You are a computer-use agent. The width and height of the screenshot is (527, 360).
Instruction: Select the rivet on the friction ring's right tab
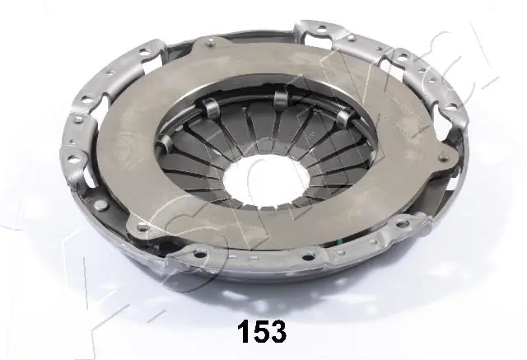pos(448,158)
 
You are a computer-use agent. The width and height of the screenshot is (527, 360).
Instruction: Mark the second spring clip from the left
pos(282,99)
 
